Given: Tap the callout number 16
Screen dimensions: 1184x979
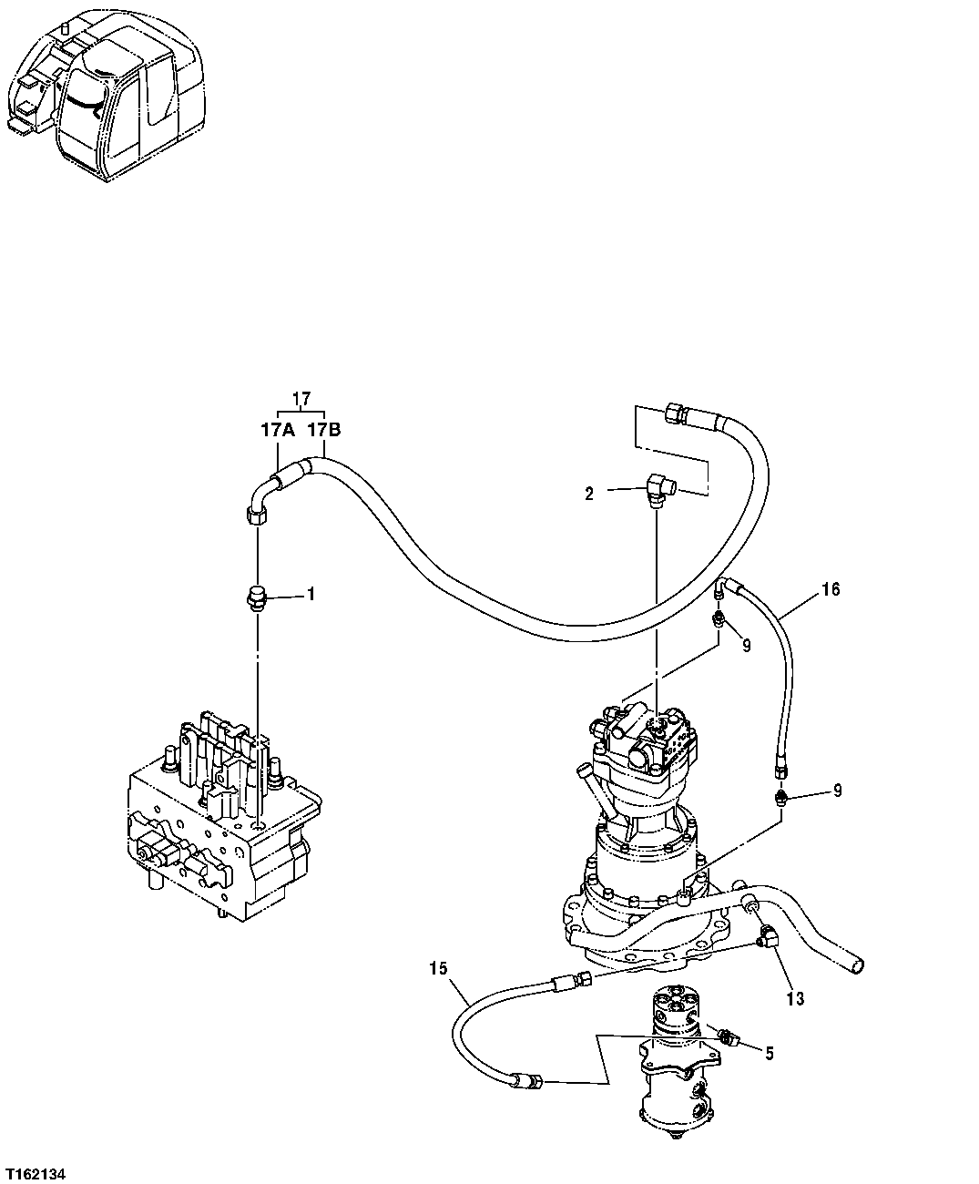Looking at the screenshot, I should click(830, 589).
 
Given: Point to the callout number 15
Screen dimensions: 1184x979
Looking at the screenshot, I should click(438, 968).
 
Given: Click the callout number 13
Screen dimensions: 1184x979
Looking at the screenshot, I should click(795, 998).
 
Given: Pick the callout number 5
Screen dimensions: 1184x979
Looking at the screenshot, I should click(770, 1054).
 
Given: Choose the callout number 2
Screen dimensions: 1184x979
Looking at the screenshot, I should click(589, 494).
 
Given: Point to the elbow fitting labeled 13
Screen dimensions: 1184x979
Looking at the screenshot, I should click(770, 935).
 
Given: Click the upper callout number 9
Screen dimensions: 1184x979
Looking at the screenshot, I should click(746, 648).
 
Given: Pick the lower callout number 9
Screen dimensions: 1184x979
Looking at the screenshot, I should click(837, 791).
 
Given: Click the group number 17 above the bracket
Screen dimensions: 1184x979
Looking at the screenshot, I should click(301, 398).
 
